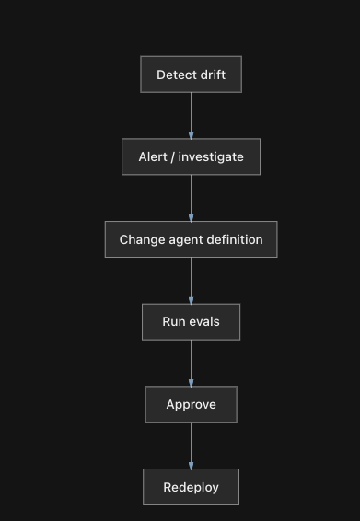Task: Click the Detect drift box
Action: [x=191, y=75]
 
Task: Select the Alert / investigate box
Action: [x=191, y=156]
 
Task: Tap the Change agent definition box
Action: [x=191, y=239]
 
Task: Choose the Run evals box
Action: [x=191, y=322]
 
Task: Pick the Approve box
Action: [x=191, y=404]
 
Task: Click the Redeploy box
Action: [x=191, y=487]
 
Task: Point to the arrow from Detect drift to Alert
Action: [x=191, y=116]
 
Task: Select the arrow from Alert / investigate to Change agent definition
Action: [x=191, y=198]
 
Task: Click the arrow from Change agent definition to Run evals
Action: [x=191, y=281]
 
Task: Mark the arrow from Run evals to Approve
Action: [x=191, y=364]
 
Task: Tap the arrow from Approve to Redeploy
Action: [x=191, y=446]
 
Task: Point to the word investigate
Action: [x=211, y=157]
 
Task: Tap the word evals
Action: [x=204, y=321]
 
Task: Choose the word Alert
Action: [x=153, y=156]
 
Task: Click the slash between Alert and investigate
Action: [x=172, y=157]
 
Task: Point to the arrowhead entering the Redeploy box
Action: [x=191, y=466]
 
